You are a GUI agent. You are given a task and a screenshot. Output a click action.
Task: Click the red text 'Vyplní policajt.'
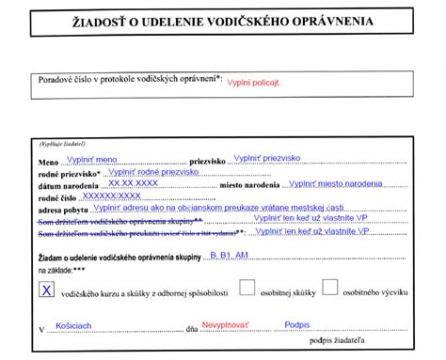[255, 82]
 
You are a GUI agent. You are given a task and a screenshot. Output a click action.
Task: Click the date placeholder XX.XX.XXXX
[133, 183]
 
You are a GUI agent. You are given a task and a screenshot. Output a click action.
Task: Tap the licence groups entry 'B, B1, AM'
[229, 254]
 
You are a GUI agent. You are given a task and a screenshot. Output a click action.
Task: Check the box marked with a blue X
[45, 290]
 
